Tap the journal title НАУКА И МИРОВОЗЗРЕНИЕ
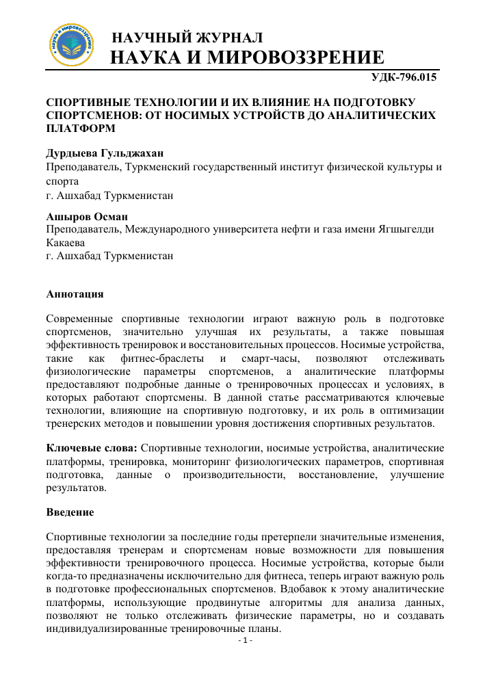click(247, 57)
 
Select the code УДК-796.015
click(403, 77)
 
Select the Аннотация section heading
click(75, 294)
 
